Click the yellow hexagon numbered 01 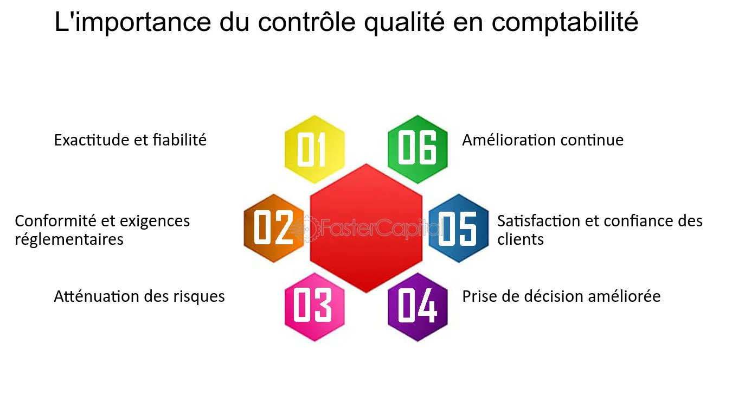[314, 149]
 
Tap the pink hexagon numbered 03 [314, 306]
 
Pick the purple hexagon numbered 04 [418, 306]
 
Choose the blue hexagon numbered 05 [459, 228]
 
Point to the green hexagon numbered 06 [418, 149]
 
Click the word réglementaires [69, 239]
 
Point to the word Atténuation [97, 296]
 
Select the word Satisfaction [536, 221]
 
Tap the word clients [520, 239]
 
